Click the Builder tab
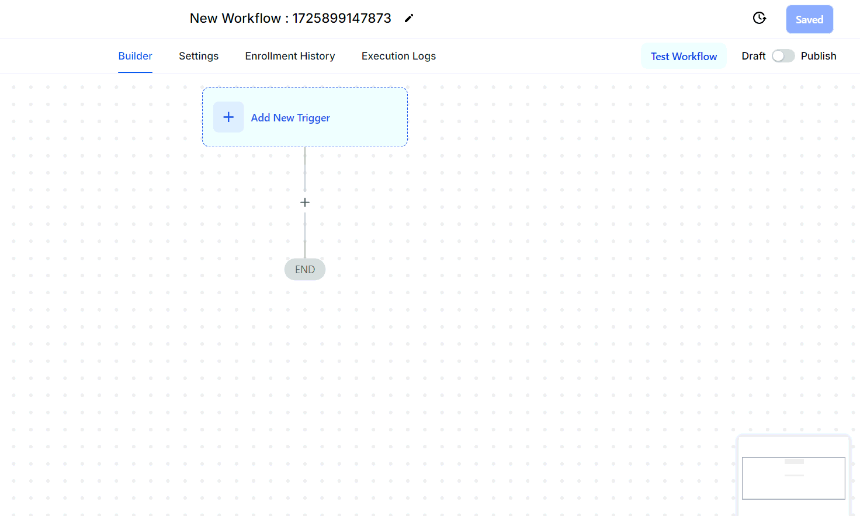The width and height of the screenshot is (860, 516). point(135,56)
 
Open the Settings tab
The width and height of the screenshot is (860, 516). point(199,56)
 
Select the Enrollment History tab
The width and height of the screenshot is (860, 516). point(290,56)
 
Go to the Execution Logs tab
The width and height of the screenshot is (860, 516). point(398,56)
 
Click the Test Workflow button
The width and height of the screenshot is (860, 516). point(684,57)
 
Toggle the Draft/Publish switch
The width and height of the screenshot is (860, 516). point(783,56)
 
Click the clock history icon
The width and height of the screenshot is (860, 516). point(759,18)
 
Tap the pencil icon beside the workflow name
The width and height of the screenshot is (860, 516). point(409,18)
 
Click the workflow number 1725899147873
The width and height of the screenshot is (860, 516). point(342,18)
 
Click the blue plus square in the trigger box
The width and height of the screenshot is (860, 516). point(228,117)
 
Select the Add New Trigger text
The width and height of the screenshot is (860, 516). point(290,118)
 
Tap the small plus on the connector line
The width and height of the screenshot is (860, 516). point(305,202)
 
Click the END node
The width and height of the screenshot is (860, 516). point(305,269)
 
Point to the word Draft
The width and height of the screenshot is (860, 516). point(753,56)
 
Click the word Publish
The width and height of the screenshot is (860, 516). point(819,56)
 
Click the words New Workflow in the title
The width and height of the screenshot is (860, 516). point(235,18)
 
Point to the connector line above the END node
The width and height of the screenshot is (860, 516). point(305,235)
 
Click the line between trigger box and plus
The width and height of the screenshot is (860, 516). point(305,169)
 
